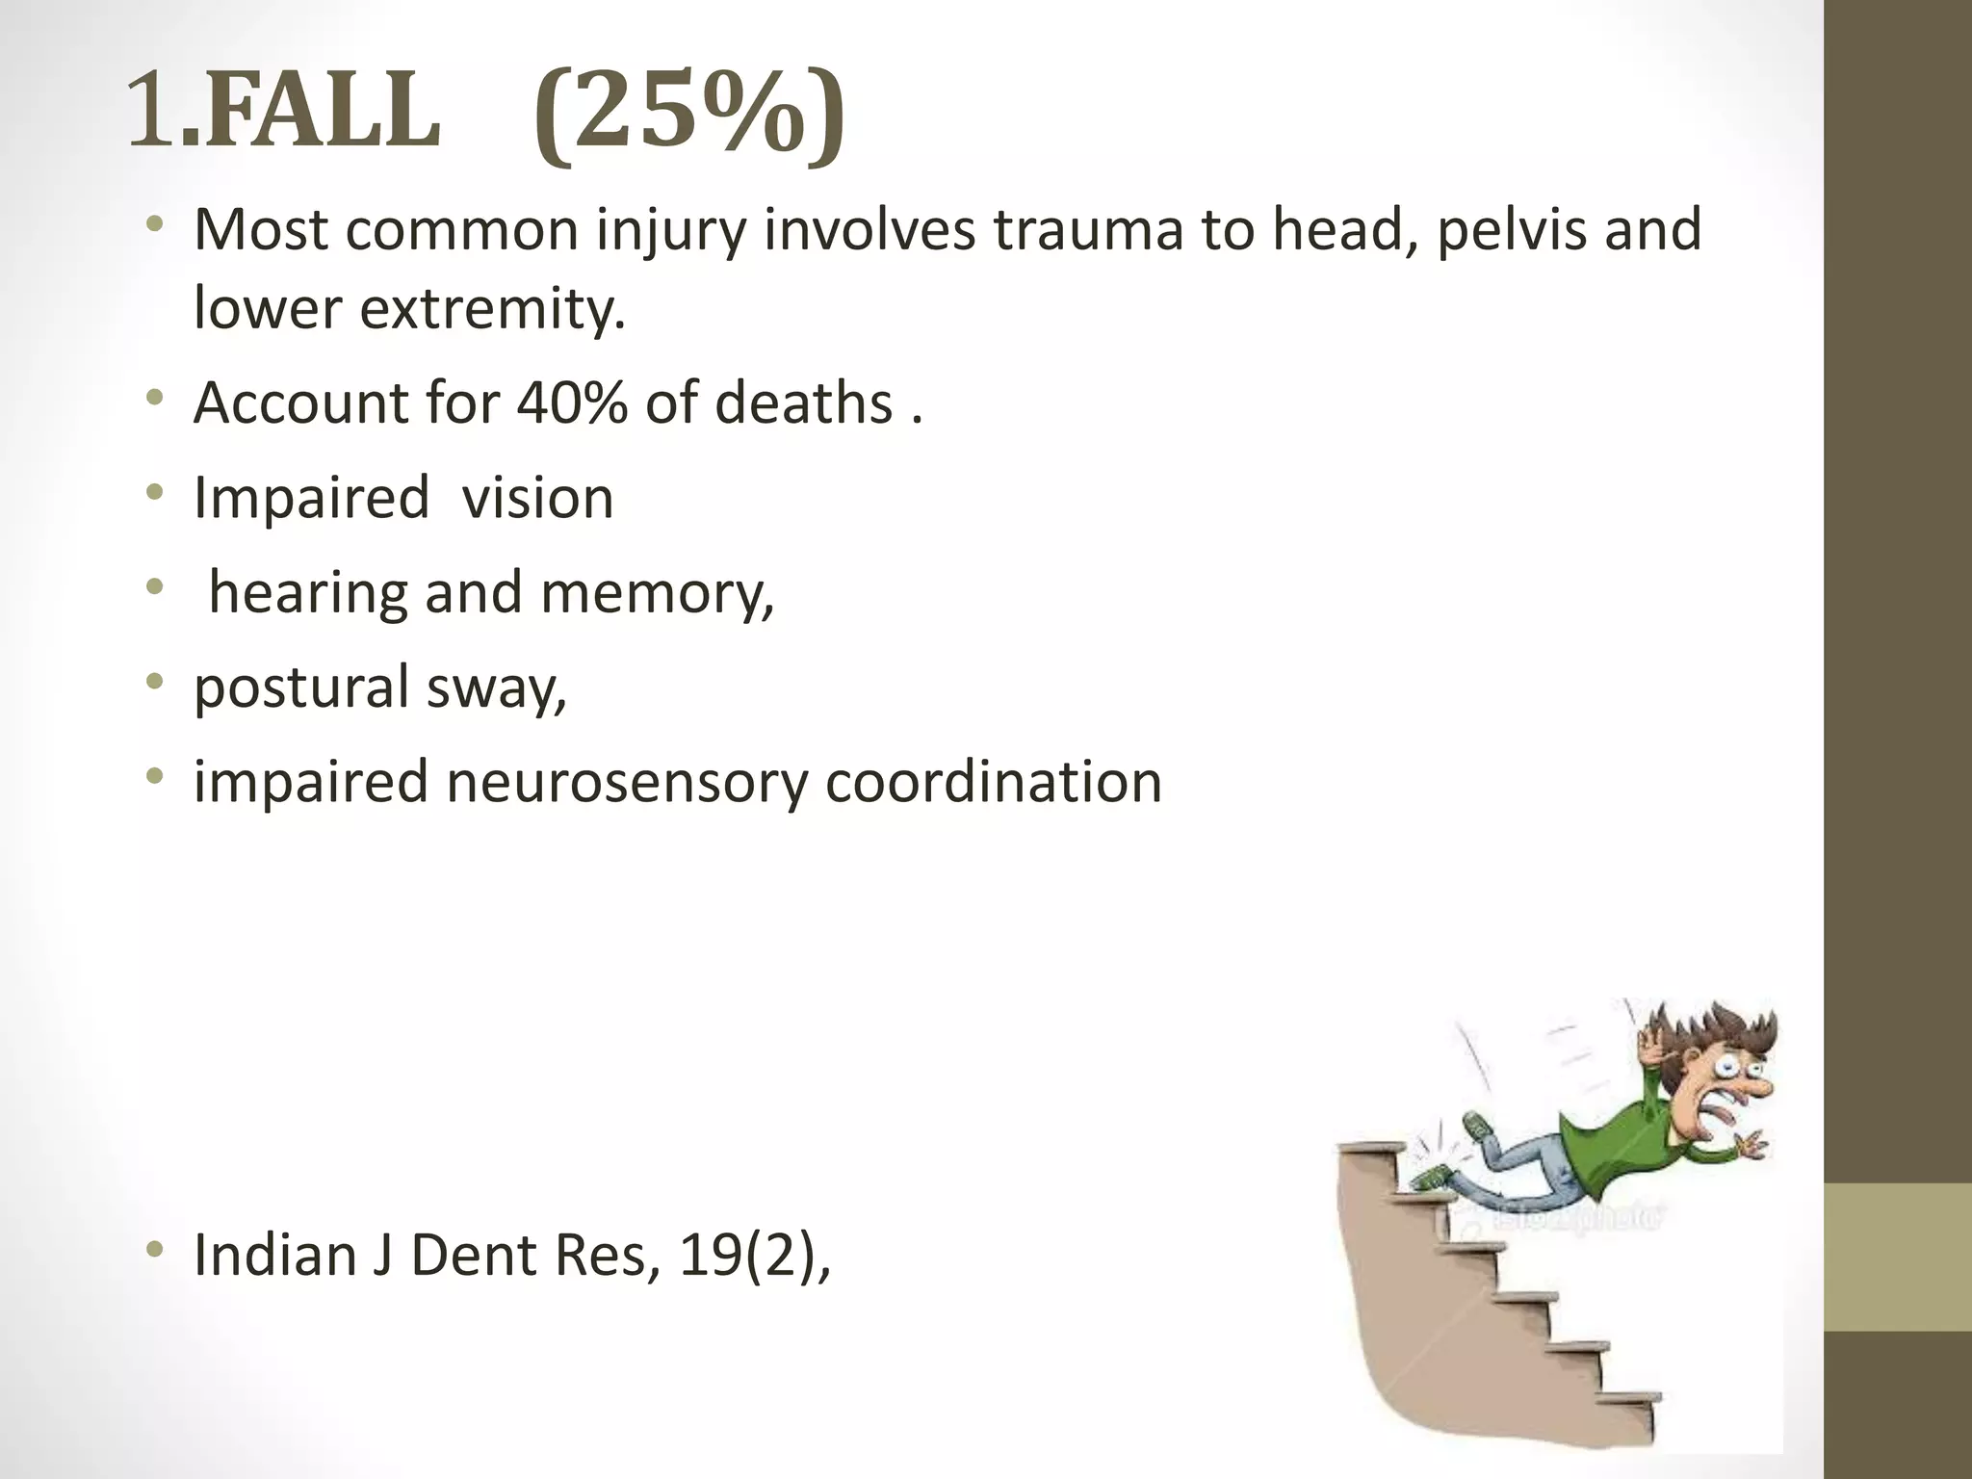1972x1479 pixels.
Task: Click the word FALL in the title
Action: pyautogui.click(x=322, y=114)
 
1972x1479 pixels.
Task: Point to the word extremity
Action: pyautogui.click(x=491, y=308)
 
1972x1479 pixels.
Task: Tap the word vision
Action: pyautogui.click(x=537, y=498)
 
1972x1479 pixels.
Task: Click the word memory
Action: pyautogui.click(x=657, y=593)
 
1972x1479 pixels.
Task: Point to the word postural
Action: pyautogui.click(x=301, y=688)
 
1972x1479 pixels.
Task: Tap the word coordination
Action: pyautogui.click(x=993, y=782)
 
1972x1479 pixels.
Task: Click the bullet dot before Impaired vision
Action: pyautogui.click(x=154, y=495)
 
